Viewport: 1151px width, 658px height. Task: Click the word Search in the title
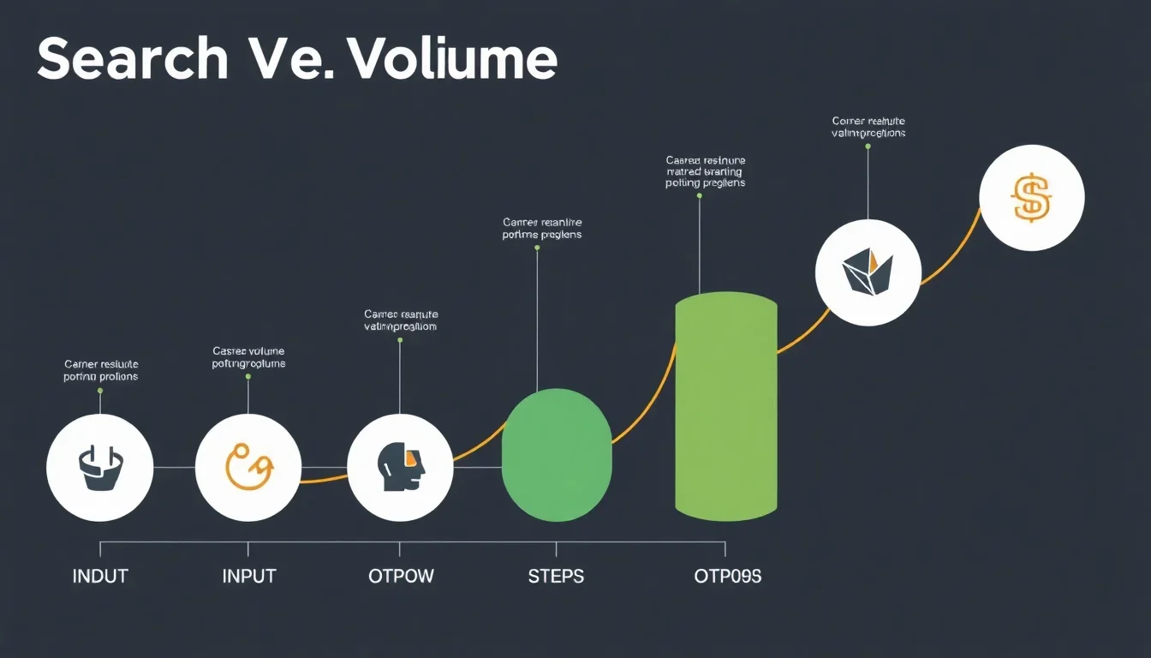pyautogui.click(x=133, y=60)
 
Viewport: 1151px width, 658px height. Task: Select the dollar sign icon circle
pyautogui.click(x=1031, y=198)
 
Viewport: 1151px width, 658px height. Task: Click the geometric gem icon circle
pyautogui.click(x=868, y=273)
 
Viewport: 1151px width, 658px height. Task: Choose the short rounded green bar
pyautogui.click(x=557, y=454)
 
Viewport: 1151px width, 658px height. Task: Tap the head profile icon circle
pyautogui.click(x=400, y=468)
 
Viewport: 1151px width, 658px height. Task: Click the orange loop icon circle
pyautogui.click(x=248, y=468)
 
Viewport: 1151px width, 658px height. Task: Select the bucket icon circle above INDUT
pyautogui.click(x=100, y=468)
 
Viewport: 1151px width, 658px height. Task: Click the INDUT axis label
pyautogui.click(x=100, y=576)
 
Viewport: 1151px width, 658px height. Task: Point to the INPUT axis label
pyautogui.click(x=249, y=576)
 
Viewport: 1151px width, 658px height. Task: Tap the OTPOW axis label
pyautogui.click(x=401, y=576)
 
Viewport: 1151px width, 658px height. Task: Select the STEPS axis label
pyautogui.click(x=556, y=576)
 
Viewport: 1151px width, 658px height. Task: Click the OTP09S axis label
pyautogui.click(x=727, y=576)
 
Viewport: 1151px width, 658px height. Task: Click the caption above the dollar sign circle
pyautogui.click(x=868, y=127)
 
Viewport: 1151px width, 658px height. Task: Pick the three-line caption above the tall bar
pyautogui.click(x=705, y=171)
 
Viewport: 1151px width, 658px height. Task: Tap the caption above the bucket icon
pyautogui.click(x=100, y=370)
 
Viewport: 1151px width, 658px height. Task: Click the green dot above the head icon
pyautogui.click(x=400, y=340)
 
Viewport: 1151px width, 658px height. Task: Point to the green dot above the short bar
pyautogui.click(x=537, y=248)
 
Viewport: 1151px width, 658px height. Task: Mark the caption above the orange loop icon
pyautogui.click(x=248, y=357)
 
